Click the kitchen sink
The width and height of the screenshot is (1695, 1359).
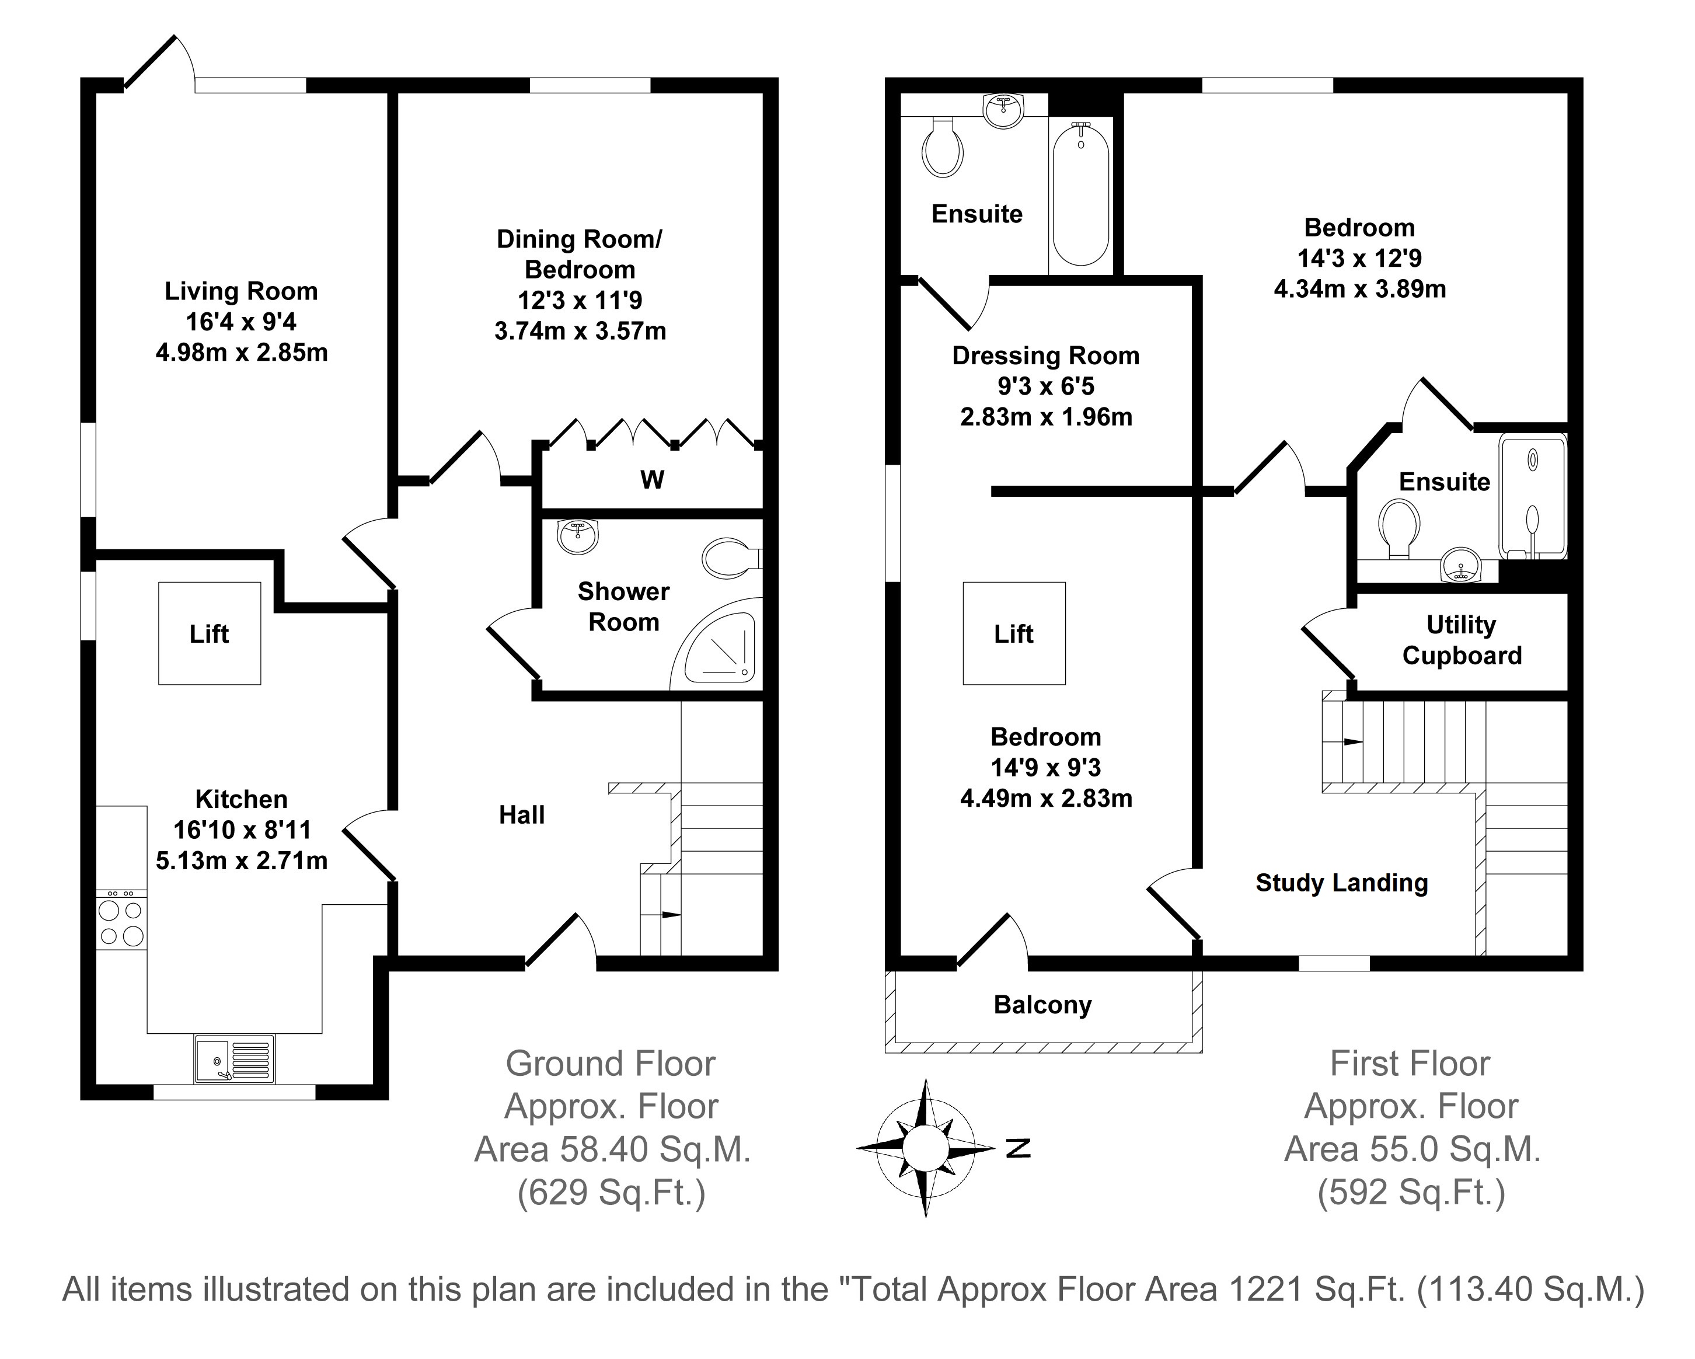(x=234, y=1058)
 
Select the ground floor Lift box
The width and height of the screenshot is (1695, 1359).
(x=209, y=633)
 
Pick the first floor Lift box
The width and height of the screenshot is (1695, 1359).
(x=1014, y=633)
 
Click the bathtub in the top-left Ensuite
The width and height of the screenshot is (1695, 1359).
(x=1081, y=194)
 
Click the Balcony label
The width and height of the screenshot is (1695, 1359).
(x=1042, y=1005)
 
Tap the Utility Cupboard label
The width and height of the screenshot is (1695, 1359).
(x=1462, y=640)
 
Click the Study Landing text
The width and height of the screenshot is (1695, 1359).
(x=1341, y=883)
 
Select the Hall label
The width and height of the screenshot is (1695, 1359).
(x=521, y=815)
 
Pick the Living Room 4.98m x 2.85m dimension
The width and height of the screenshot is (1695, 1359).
(x=242, y=353)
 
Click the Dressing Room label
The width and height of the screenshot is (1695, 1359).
(x=1045, y=356)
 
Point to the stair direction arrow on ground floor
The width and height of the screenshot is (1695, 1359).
(x=670, y=915)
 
